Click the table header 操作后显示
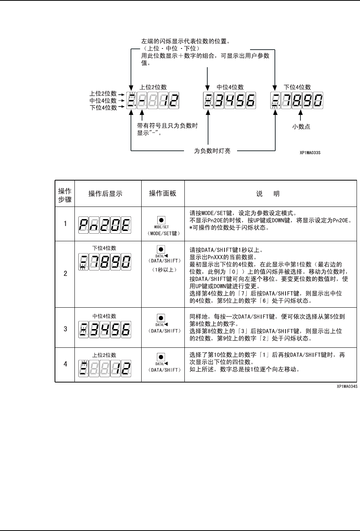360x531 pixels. pyautogui.click(x=105, y=194)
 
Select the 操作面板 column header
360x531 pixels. pyautogui.click(x=163, y=193)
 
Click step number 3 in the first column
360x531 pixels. pyautogui.click(x=66, y=329)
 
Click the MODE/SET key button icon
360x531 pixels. pyautogui.click(x=161, y=220)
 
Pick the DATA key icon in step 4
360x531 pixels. pyautogui.click(x=161, y=358)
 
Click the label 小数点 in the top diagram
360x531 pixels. pyautogui.click(x=301, y=127)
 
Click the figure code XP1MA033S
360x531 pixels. pyautogui.click(x=310, y=152)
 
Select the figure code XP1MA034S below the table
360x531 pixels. pyautogui.click(x=347, y=386)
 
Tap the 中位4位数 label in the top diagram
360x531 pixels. pyautogui.click(x=230, y=87)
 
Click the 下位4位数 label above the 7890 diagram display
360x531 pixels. pyautogui.click(x=297, y=87)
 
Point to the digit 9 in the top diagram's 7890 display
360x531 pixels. pyautogui.click(x=307, y=101)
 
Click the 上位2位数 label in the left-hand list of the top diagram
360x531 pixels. pyautogui.click(x=103, y=94)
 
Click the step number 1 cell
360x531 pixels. pyautogui.click(x=66, y=224)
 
